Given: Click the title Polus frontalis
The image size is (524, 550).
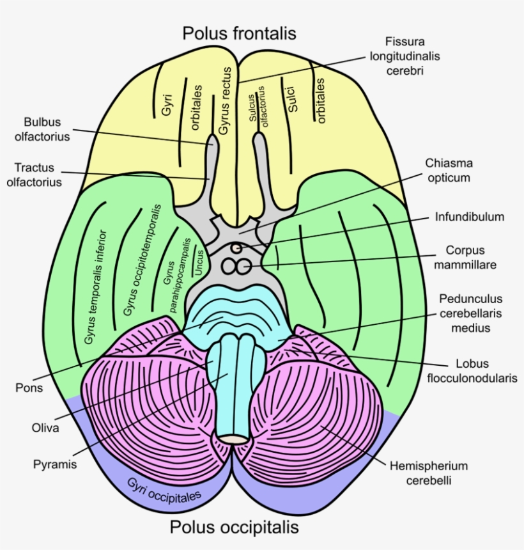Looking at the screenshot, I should click(x=239, y=33).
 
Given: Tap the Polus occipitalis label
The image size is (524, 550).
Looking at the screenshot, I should click(x=234, y=528).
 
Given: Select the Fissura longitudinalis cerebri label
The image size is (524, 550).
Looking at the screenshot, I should click(x=405, y=56).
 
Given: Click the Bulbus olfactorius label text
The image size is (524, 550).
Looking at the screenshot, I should click(x=47, y=129).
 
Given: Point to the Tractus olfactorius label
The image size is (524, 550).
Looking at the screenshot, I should click(x=38, y=175).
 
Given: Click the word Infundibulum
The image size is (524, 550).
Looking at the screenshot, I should click(x=470, y=217).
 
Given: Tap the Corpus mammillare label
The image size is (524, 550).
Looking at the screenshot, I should click(x=465, y=257).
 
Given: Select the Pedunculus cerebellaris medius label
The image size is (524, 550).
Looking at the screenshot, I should click(x=471, y=313).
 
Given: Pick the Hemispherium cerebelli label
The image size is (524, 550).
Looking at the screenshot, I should click(x=429, y=473).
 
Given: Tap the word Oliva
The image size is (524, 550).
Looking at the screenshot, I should click(x=45, y=428).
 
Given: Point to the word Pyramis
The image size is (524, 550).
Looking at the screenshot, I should click(x=55, y=465).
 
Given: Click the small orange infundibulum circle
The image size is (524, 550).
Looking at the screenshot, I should click(x=236, y=246).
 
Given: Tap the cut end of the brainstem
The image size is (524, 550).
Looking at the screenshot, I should click(x=235, y=440).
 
